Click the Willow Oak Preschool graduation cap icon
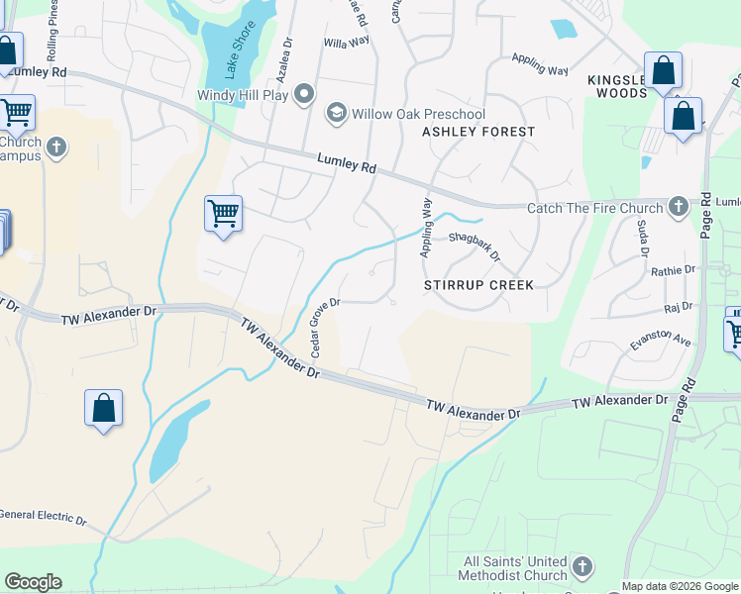337,113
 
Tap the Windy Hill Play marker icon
305,95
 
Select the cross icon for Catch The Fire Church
678,207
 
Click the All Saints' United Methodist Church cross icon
582,567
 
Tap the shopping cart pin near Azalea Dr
223,214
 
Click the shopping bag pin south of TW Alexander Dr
103,408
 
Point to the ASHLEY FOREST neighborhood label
478,132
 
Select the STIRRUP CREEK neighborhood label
478,285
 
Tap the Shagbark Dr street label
475,246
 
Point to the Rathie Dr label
675,269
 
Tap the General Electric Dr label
44,517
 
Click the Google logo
33,582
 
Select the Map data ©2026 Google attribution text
680,586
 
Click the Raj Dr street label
678,308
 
